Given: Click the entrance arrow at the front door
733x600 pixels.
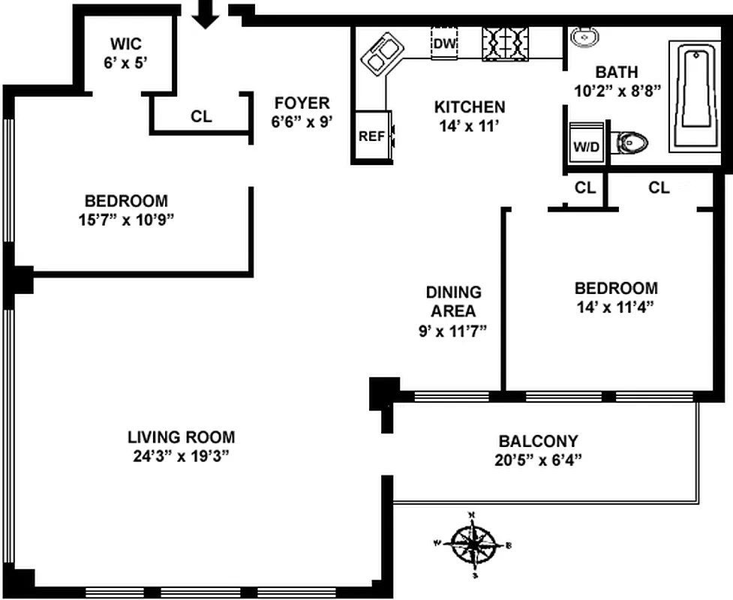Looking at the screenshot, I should pos(206,13).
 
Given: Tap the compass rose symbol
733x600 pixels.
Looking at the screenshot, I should pos(473,544).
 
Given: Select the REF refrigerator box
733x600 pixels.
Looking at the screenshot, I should pos(371,136).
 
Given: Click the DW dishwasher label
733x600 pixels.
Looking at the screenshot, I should pos(445,43).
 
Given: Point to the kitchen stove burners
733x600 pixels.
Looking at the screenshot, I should pos(504,43).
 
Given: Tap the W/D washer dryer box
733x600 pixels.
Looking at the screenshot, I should pos(587,146).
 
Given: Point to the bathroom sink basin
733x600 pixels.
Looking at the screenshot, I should pos(583,36).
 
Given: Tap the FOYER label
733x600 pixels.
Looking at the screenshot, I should pos(302,103).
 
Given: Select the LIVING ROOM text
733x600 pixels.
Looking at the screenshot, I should pos(181,436).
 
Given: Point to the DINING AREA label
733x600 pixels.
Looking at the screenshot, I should pos(453,301).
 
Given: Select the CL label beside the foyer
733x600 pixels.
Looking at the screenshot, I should pos(201,116).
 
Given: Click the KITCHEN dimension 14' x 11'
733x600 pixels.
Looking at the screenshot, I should pos(470,126).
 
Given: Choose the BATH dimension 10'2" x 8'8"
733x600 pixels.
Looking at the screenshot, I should pos(617,91).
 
